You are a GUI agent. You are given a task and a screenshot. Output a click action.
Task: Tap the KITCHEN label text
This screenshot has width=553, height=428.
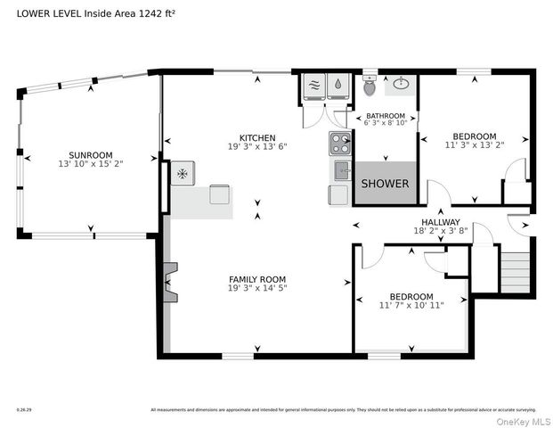(256, 137)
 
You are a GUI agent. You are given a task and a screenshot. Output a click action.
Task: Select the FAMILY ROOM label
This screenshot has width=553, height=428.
(256, 279)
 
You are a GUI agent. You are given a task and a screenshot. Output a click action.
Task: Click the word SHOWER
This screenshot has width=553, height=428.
(385, 184)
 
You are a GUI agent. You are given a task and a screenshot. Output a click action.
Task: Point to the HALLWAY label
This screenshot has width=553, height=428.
(441, 223)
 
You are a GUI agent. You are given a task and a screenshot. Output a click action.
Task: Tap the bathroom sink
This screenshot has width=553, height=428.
(401, 86)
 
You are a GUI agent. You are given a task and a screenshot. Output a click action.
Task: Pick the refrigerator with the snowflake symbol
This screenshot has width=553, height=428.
(183, 172)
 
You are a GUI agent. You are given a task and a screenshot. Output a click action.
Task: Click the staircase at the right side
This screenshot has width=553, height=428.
(516, 271)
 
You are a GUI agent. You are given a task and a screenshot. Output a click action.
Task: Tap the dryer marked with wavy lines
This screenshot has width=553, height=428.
(313, 86)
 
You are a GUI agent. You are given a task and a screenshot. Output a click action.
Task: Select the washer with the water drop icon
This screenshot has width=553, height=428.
(337, 86)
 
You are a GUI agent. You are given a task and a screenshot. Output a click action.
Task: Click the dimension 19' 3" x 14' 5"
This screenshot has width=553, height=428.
(256, 289)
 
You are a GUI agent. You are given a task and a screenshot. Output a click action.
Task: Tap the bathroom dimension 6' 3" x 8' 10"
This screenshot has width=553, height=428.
(386, 124)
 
